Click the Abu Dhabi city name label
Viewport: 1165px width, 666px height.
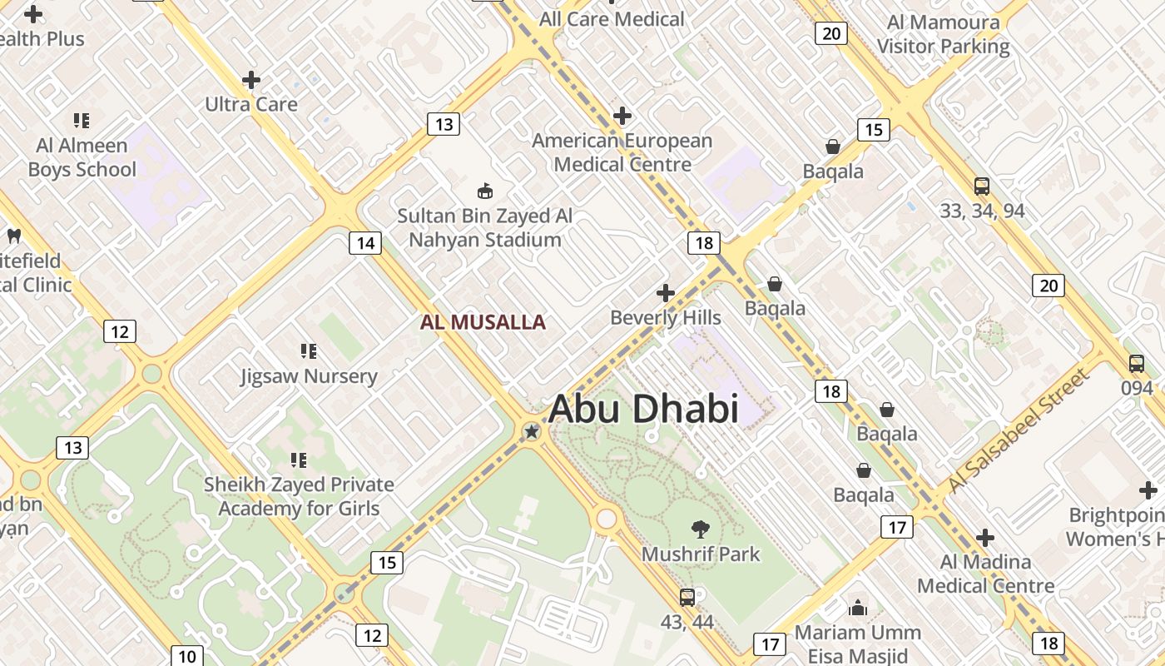pos(643,409)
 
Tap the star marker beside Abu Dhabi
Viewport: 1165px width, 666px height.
pos(532,431)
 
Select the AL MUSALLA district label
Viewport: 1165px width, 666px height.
pos(483,322)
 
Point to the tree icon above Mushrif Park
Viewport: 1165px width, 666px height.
pos(700,528)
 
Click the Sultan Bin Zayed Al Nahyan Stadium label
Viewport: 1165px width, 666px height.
pos(484,228)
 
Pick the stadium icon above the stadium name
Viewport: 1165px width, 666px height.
pos(484,191)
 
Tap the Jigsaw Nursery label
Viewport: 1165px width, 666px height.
pos(309,376)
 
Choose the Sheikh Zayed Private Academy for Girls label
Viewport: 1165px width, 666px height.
pos(300,496)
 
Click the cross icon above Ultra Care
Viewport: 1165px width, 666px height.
pos(251,80)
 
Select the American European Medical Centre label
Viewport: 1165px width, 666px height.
pos(622,152)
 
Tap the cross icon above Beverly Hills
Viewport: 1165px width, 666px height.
pos(665,293)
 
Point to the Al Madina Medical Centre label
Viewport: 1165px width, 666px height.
pos(985,574)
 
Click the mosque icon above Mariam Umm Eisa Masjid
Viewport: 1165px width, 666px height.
pos(857,609)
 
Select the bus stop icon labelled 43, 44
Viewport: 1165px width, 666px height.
pos(687,597)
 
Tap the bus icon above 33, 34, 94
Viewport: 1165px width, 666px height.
pos(982,186)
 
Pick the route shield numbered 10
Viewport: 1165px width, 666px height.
pos(186,656)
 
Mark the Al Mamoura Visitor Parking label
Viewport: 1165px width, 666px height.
pos(943,34)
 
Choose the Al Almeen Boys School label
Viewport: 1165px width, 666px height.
pos(82,157)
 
